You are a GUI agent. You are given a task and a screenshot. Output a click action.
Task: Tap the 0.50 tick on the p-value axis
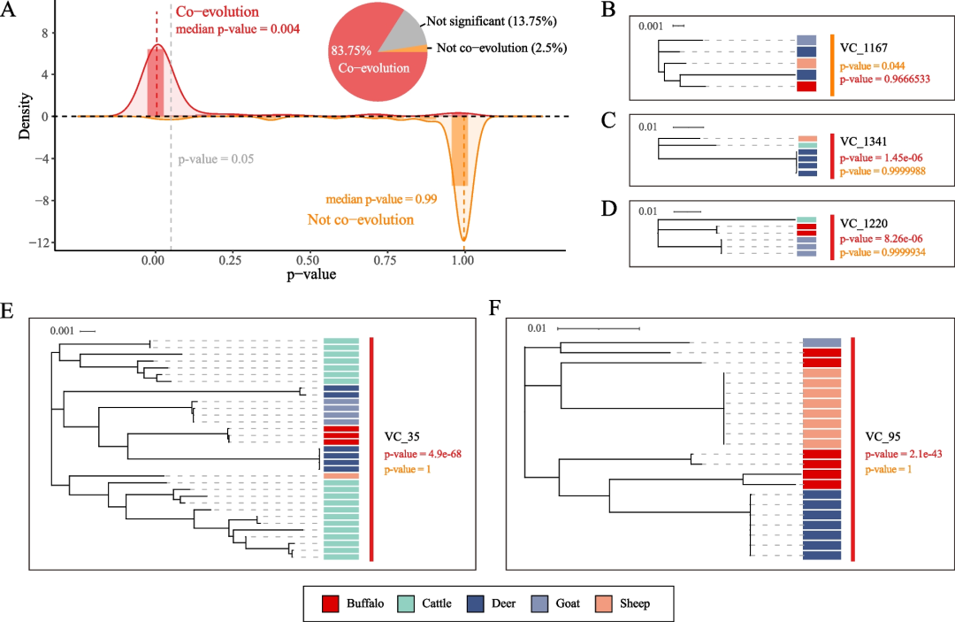coord(308,262)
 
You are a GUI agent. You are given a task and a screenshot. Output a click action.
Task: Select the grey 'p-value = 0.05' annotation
coord(217,160)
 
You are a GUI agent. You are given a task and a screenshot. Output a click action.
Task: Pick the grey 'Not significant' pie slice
coord(403,32)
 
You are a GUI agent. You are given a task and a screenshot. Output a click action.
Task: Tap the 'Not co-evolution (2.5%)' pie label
coord(502,48)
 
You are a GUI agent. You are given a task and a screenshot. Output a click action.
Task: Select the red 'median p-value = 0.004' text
coord(238,28)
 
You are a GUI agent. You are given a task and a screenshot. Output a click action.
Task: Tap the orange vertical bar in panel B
coord(833,65)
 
